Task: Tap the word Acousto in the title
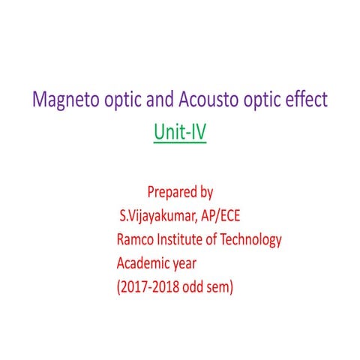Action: coord(206,100)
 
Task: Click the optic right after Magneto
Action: coord(121,100)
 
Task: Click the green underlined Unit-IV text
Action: coord(180,133)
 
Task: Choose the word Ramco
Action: coord(135,240)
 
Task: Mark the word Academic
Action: coord(145,263)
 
